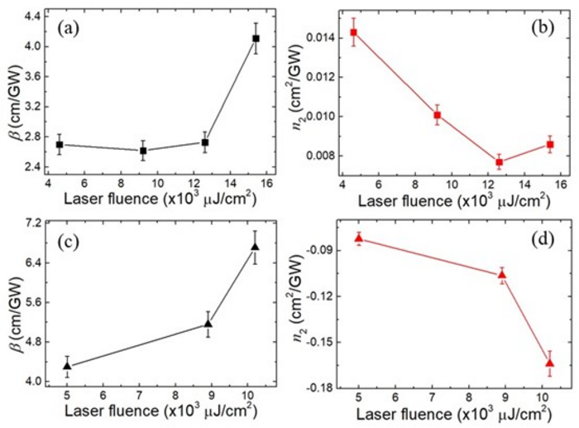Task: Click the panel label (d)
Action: click(x=547, y=246)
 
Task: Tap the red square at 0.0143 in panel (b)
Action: click(x=353, y=32)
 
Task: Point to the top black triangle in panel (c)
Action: click(x=255, y=247)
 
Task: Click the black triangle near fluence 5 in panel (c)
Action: click(x=67, y=365)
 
